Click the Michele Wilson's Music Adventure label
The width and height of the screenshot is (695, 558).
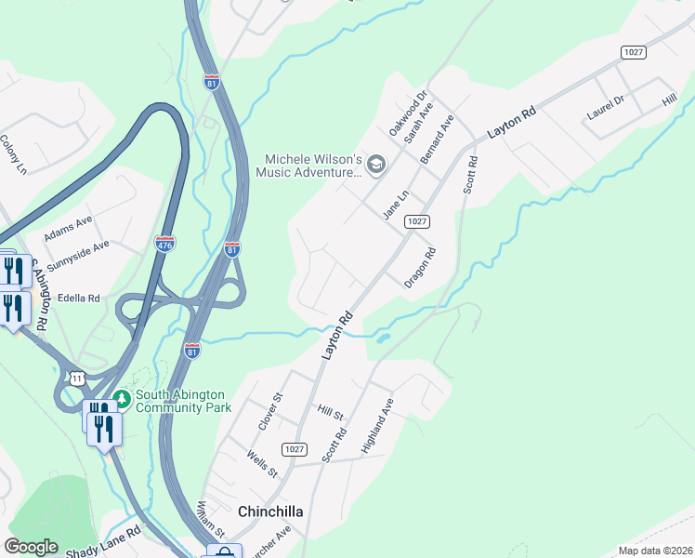coord(308,166)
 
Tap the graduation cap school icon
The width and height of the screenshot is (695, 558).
coord(376,166)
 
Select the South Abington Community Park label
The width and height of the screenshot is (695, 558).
coord(182,400)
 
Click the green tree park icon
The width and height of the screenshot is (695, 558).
coord(121,399)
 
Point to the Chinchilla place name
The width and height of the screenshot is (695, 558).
coord(270,511)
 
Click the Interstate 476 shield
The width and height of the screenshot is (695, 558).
coord(164,244)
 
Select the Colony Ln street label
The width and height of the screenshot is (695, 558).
coord(13,154)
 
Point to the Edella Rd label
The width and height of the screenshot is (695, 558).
coord(79,299)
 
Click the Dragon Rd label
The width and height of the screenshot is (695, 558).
coord(420,267)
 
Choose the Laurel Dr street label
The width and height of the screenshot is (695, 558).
coord(609,109)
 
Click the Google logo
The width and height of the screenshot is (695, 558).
coord(32,546)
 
